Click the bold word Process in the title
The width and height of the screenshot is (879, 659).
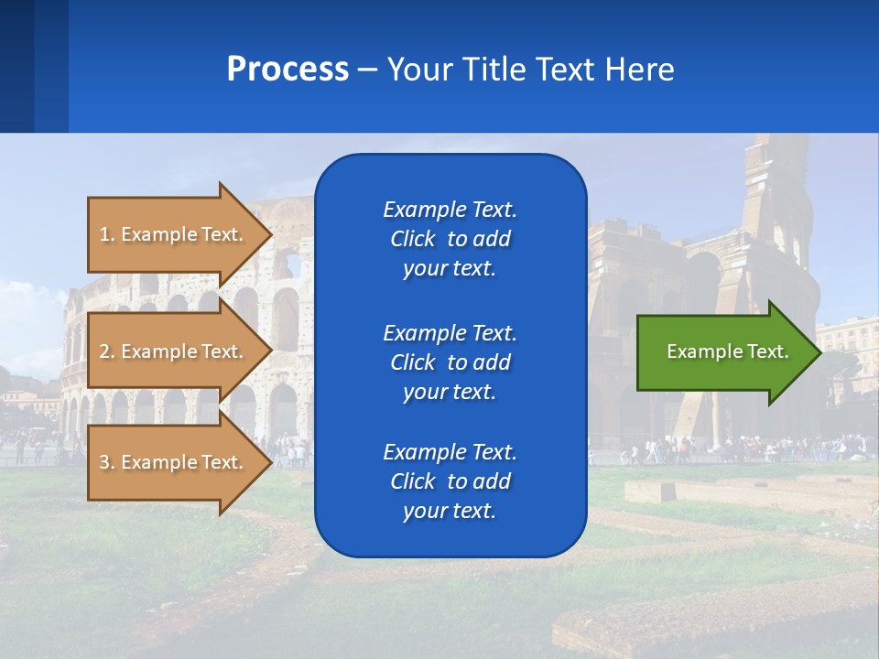coord(288,70)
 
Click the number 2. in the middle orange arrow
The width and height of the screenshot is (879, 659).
coord(107,351)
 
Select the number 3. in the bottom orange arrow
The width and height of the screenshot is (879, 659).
coord(107,462)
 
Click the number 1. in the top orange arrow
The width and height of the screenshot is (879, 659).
coord(107,234)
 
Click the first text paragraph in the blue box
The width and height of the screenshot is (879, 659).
coord(450,239)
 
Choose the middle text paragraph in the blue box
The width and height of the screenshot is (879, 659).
coord(450,362)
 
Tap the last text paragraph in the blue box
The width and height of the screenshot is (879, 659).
coord(450,481)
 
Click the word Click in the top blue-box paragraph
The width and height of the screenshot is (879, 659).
coord(412,239)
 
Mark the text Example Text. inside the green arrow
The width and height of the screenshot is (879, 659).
coord(727,351)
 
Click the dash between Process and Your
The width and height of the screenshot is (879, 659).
coord(367,70)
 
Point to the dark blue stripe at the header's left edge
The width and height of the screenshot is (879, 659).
coord(16,66)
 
